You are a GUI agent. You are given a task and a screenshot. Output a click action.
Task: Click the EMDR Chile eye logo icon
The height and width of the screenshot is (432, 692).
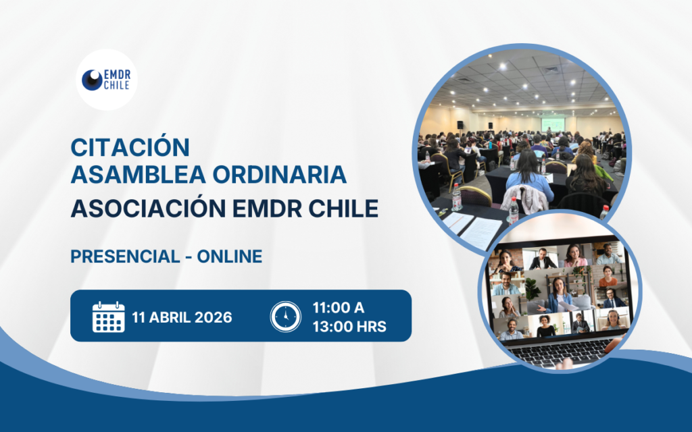pos(92,80)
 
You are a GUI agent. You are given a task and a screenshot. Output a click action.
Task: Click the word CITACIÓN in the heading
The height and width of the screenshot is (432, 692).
pos(130,146)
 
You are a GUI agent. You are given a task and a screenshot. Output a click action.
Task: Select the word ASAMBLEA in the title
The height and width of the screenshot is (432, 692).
pos(139,174)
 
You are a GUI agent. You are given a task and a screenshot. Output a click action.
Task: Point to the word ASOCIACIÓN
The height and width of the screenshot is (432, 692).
pos(148,208)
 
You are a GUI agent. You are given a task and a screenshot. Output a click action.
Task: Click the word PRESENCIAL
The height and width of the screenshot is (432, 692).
pos(125,256)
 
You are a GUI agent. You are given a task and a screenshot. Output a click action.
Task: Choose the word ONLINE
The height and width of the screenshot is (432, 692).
pos(230,256)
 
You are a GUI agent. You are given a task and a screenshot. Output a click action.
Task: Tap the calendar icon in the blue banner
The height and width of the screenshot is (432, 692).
pos(109,317)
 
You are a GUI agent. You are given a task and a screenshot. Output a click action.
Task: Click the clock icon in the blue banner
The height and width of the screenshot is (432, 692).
pos(286,317)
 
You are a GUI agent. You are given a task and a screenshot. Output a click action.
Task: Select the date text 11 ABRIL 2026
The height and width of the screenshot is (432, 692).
pos(182,317)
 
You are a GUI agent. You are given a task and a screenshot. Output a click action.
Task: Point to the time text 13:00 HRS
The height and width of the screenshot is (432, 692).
pos(349,327)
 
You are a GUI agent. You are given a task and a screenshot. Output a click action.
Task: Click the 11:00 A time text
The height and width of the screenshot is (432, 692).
pos(339,307)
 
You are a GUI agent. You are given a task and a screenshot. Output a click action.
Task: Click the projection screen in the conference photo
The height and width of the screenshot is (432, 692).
pos(553,124)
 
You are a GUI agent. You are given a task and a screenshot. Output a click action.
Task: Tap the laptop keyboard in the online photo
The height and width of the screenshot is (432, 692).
pos(560,350)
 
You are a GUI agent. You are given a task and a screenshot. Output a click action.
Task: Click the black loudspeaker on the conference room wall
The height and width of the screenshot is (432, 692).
pos(460,125)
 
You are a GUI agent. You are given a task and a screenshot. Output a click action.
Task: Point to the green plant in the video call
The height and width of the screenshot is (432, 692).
pos(533,290)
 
